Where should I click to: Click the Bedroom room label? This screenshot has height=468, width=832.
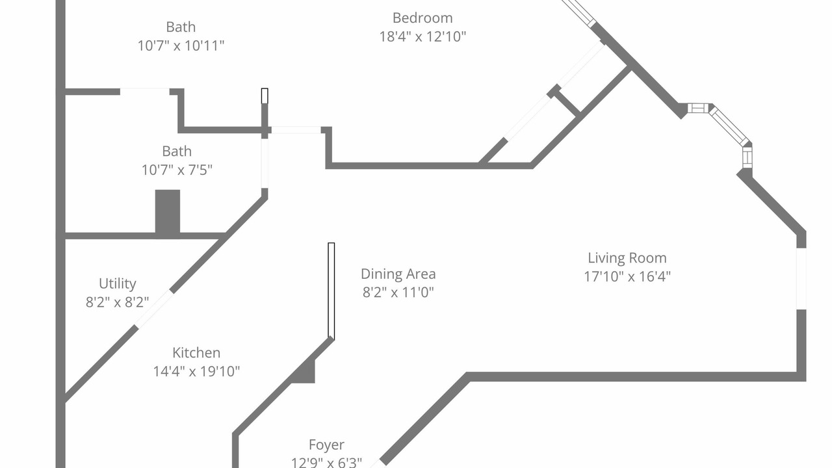(422, 18)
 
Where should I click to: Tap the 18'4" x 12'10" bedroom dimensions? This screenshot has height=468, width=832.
(422, 36)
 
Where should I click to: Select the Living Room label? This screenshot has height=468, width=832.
(627, 258)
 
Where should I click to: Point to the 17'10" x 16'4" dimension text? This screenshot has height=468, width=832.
(627, 276)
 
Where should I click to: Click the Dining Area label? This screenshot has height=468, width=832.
(398, 274)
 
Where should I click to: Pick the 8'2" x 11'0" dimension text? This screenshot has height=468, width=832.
(398, 292)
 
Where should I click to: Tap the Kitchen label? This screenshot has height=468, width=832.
(196, 352)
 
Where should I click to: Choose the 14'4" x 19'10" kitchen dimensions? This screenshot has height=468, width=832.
(196, 371)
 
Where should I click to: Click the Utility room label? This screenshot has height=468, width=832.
(118, 284)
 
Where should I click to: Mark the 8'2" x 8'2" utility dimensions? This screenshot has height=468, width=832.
(118, 302)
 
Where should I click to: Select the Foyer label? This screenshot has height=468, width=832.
(326, 445)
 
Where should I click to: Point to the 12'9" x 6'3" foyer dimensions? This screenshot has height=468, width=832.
(326, 462)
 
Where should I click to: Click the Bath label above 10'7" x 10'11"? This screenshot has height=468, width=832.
(181, 27)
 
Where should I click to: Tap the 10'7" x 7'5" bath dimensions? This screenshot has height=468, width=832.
(177, 170)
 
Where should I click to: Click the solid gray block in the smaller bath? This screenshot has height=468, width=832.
(168, 212)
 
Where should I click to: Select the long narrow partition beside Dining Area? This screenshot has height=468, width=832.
(331, 291)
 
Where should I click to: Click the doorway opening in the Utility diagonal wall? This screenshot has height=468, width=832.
(153, 309)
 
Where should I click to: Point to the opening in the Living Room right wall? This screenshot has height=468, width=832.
(801, 279)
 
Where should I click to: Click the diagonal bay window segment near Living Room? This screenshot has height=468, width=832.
(729, 126)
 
